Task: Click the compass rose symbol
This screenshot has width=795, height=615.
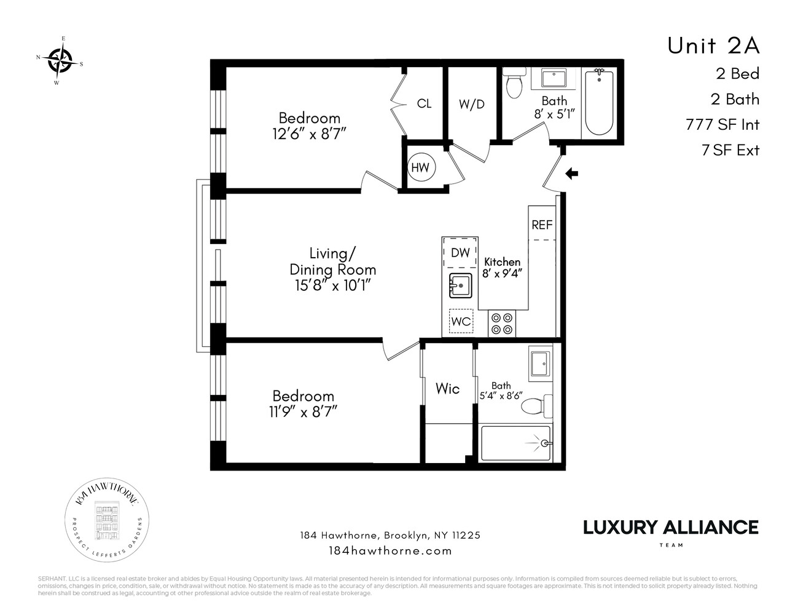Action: (60, 60)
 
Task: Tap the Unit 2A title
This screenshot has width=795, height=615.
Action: (713, 46)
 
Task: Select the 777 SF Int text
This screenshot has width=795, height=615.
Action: (722, 125)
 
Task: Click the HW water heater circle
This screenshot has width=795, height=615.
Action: (420, 167)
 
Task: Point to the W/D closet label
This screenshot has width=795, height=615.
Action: (471, 105)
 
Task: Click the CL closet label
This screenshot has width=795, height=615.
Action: (424, 104)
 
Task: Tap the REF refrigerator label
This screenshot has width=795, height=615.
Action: (542, 225)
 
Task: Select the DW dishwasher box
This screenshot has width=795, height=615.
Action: (460, 252)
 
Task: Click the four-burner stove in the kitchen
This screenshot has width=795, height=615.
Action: (503, 323)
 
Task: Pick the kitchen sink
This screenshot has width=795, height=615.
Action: (460, 286)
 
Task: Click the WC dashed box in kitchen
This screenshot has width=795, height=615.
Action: (461, 321)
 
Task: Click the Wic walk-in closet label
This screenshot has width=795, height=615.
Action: (447, 389)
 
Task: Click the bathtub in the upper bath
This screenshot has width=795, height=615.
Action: (598, 103)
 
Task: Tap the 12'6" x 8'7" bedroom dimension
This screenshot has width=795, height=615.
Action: (310, 133)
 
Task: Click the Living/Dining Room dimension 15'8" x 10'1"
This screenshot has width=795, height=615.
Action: (332, 285)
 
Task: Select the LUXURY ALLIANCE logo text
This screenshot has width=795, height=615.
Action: (670, 527)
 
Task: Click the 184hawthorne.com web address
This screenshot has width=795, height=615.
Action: (390, 550)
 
